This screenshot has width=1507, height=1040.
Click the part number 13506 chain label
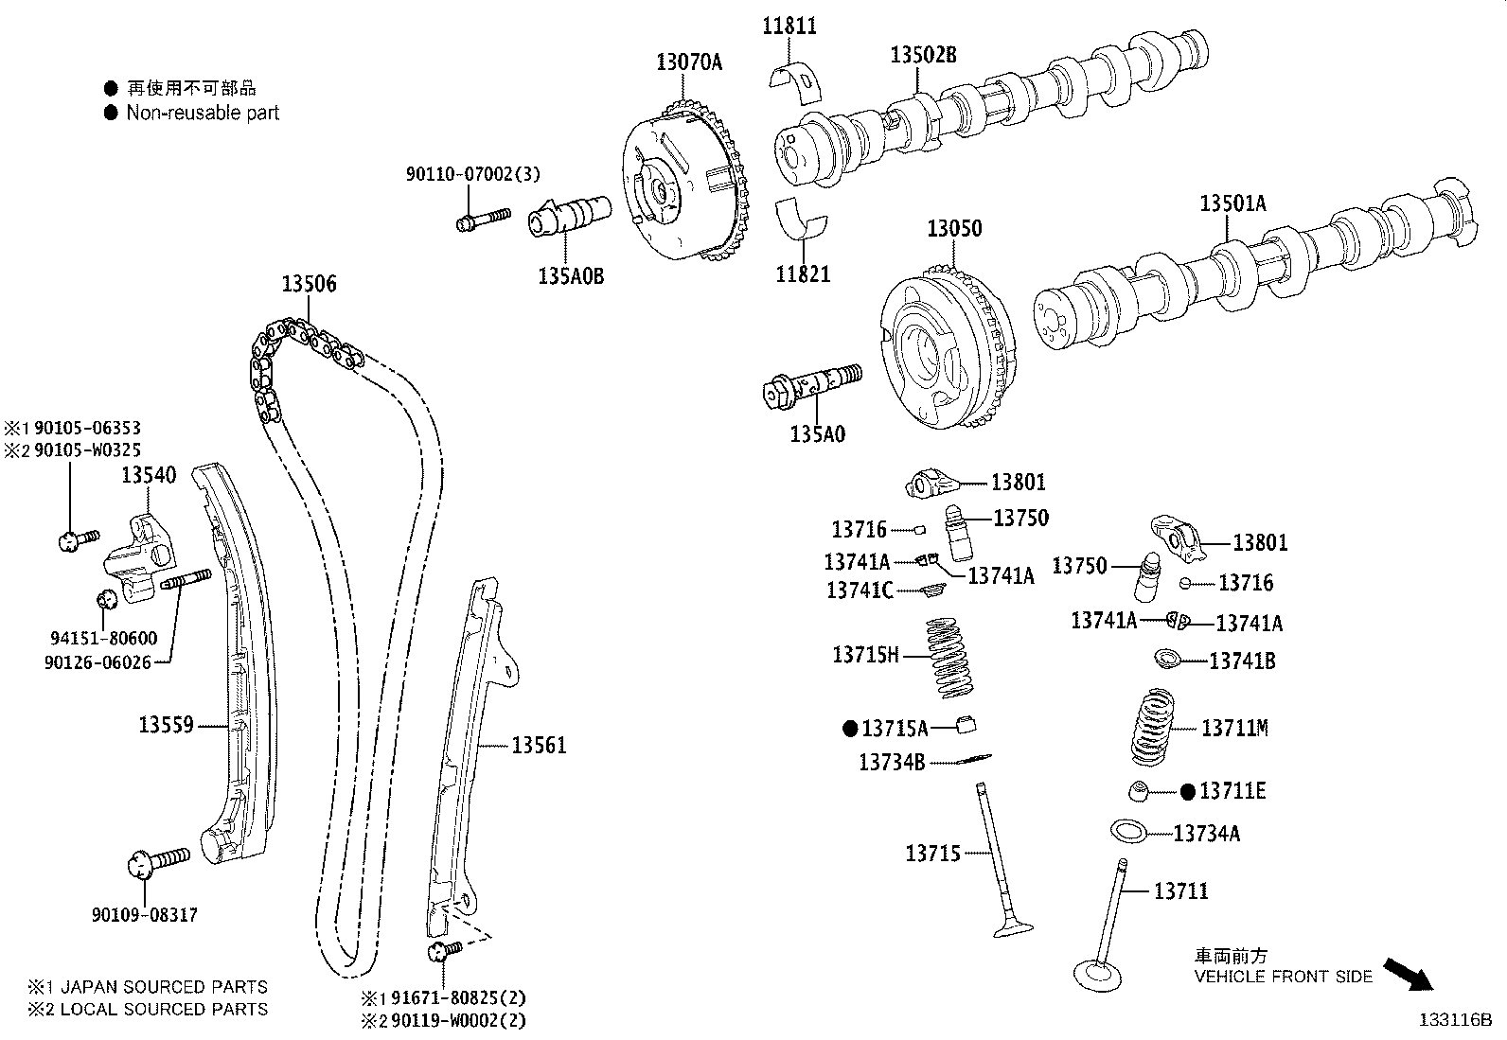pos(309,284)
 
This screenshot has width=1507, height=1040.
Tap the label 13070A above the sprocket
pos(688,62)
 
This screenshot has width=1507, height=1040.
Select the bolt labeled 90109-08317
pos(158,862)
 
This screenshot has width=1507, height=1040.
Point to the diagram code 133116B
pos(1454,1020)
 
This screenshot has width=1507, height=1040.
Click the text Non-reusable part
pos(203,113)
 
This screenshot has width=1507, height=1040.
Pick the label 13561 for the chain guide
pos(539,746)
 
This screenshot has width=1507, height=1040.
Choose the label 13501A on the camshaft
pos(1232,203)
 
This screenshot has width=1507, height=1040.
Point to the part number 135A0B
pos(570,277)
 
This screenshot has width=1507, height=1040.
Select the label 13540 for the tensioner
pos(148,475)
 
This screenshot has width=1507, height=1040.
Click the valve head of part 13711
pos(1097,975)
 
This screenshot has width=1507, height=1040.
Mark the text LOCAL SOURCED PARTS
pos(164,1010)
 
